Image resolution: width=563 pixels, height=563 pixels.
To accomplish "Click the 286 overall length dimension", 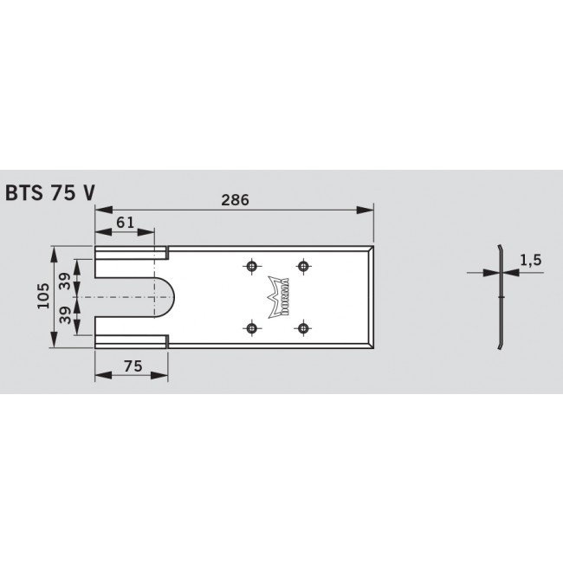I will [x=234, y=199].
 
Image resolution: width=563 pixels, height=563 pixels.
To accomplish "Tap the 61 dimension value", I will [x=125, y=222].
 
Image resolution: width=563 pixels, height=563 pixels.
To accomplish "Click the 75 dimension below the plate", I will [x=132, y=366].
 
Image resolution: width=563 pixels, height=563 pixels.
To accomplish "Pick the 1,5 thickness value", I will [x=531, y=259].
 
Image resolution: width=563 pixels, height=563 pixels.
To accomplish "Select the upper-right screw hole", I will [x=303, y=266].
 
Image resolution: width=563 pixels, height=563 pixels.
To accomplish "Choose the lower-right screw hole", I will [x=303, y=327].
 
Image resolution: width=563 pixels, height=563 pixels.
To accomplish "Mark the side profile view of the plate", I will [x=500, y=297].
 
